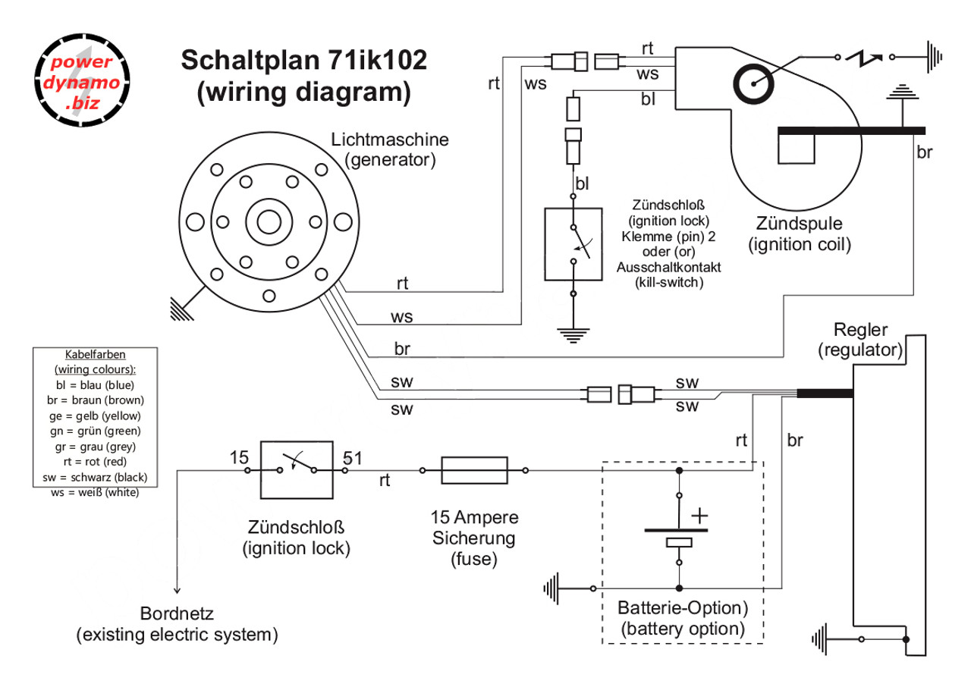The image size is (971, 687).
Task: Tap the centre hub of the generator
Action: click(269, 221)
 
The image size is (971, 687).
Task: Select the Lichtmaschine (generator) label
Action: click(390, 149)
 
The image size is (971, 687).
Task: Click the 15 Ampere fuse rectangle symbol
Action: click(474, 470)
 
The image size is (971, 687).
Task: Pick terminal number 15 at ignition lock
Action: click(239, 457)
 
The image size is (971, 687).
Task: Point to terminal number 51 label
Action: click(352, 457)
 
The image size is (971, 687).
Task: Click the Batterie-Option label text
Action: click(683, 608)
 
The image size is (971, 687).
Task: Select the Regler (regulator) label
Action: click(859, 340)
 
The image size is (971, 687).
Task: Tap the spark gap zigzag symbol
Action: click(864, 55)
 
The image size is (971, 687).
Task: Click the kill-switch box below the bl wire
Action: click(573, 243)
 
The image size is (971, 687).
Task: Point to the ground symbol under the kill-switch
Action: click(573, 333)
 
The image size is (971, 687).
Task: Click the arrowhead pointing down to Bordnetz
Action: click(177, 588)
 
